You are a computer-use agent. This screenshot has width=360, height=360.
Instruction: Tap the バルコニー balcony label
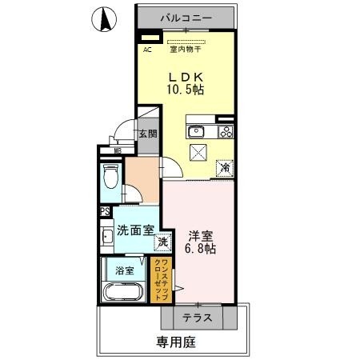click(x=186, y=16)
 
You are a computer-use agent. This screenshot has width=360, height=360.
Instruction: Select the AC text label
click(x=147, y=50)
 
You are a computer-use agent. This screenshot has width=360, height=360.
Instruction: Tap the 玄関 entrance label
click(x=147, y=134)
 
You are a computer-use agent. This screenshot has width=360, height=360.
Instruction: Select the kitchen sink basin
click(x=196, y=131)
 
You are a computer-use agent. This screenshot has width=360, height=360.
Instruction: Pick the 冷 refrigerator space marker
click(x=226, y=168)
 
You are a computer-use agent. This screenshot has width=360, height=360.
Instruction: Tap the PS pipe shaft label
click(x=105, y=212)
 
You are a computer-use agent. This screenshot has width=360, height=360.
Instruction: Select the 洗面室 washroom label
click(x=135, y=230)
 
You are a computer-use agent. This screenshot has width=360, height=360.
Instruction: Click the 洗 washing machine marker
click(x=163, y=242)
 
